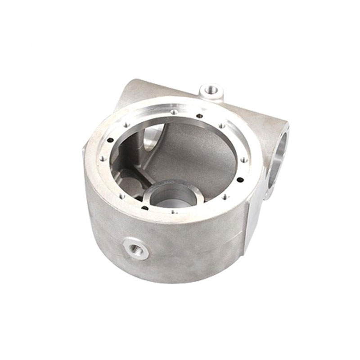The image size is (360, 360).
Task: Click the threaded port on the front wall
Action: click(x=135, y=248)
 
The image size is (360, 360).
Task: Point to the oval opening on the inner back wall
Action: click(x=151, y=139)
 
